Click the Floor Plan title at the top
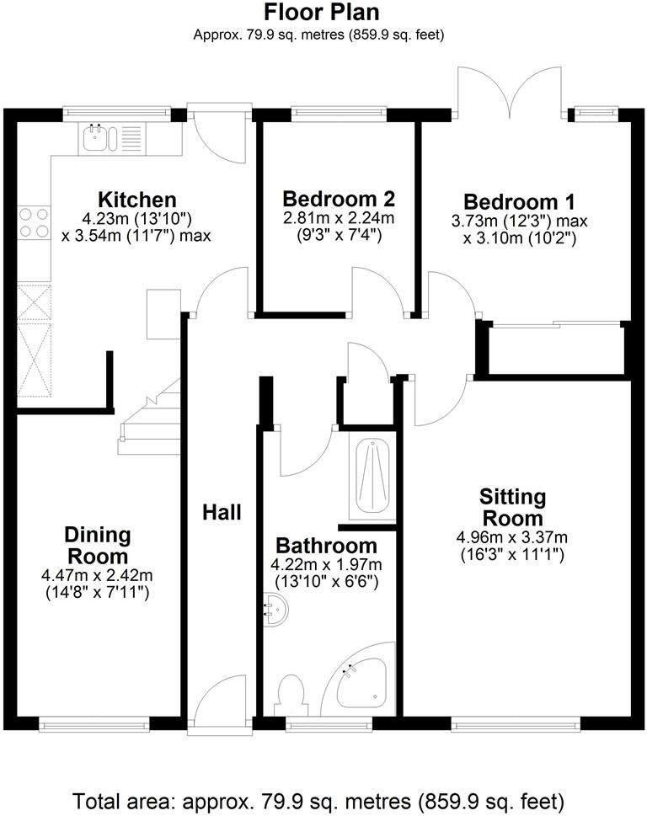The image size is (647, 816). click(x=322, y=13)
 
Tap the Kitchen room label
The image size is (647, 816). click(x=137, y=200)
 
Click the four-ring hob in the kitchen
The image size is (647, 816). click(x=33, y=222)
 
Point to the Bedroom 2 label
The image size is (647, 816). click(x=339, y=200)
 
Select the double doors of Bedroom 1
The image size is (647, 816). click(x=510, y=93)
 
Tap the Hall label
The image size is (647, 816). click(x=222, y=512)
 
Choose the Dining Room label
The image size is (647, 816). click(x=99, y=546)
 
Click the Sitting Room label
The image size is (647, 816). click(x=512, y=506)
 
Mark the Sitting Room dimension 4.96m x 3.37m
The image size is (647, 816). click(x=512, y=537)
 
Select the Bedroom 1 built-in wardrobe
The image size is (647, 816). click(x=556, y=349)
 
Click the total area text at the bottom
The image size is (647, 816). click(x=318, y=799)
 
